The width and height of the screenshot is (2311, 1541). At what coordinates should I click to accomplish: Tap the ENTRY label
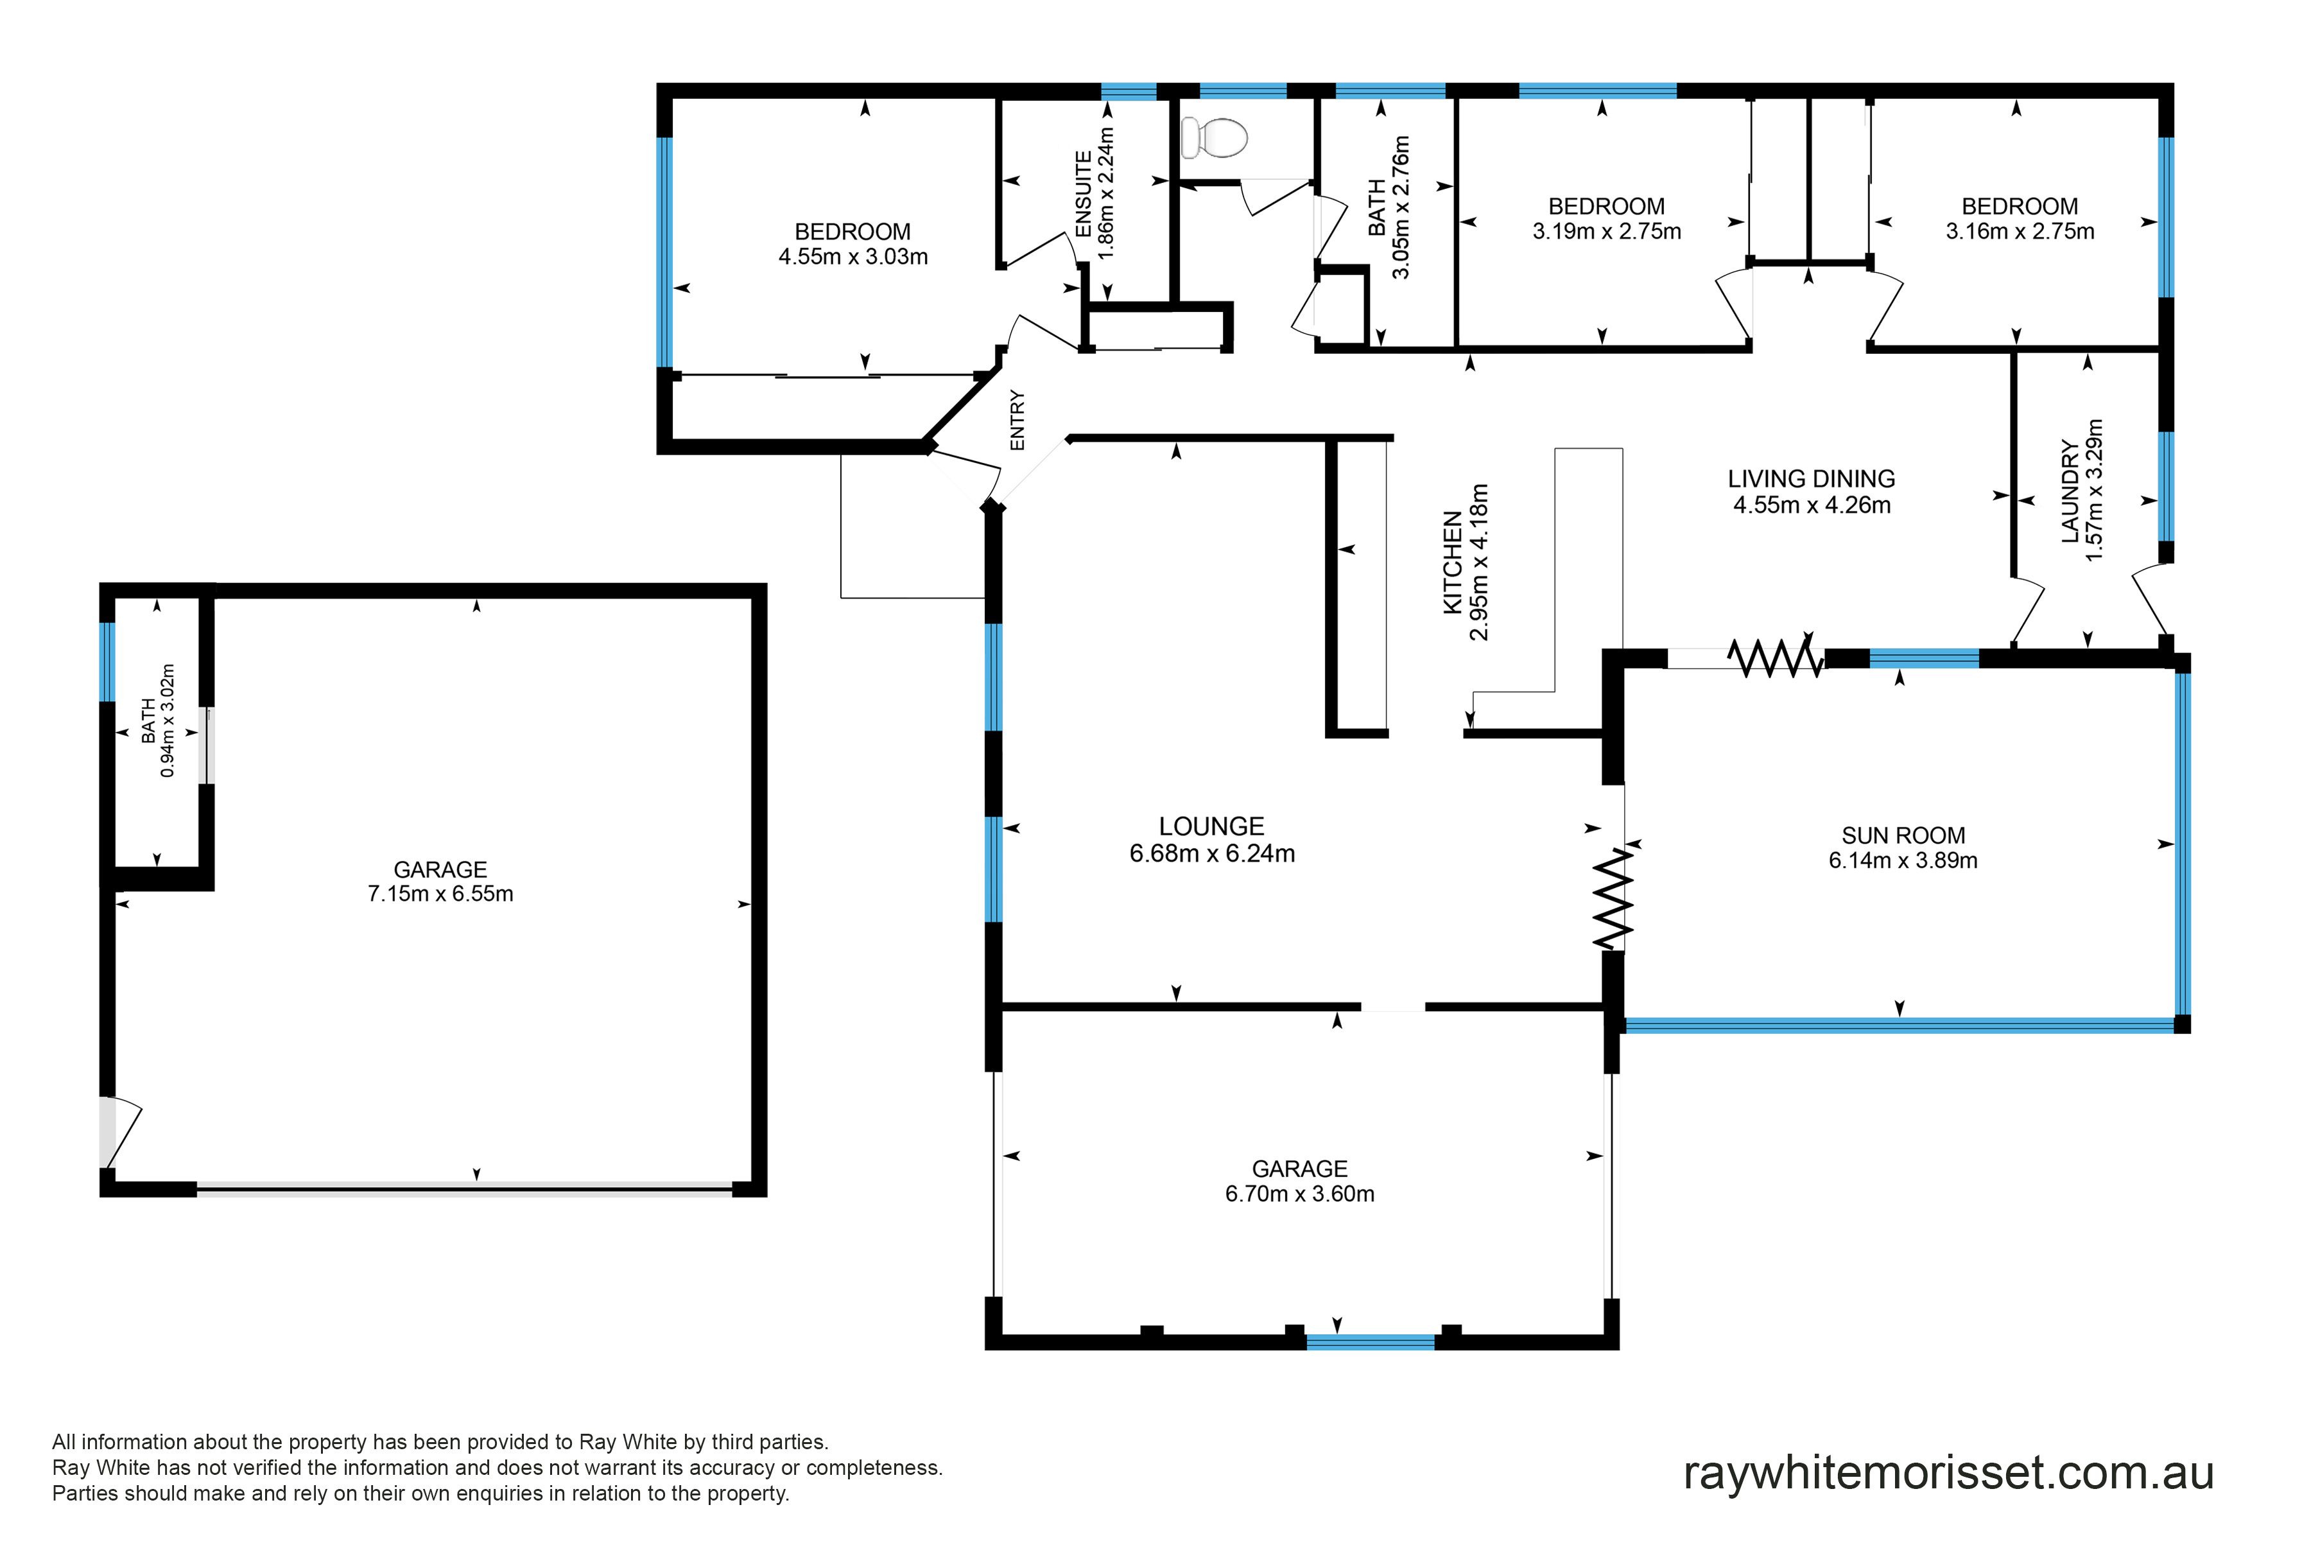tap(1017, 421)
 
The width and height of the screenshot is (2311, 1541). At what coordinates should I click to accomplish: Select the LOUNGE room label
tap(1211, 826)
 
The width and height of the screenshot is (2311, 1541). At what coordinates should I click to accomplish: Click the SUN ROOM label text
tap(1903, 835)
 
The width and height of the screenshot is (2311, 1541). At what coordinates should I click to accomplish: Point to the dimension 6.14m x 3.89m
tap(1903, 861)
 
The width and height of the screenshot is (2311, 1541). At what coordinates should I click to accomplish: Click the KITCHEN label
tap(1452, 563)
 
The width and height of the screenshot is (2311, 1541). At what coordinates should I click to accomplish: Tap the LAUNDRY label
tap(2070, 491)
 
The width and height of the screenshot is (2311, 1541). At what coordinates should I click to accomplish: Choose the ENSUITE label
tap(1084, 194)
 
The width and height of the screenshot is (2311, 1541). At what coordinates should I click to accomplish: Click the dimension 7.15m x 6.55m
tap(440, 894)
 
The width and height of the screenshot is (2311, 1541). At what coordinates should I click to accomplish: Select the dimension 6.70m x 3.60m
tap(1300, 1194)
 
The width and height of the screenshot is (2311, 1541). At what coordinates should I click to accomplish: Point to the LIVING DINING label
tap(1812, 478)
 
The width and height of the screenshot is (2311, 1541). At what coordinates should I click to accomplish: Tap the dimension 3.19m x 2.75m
tap(1607, 232)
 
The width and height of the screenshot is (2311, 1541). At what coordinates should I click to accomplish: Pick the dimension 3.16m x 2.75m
tap(2020, 232)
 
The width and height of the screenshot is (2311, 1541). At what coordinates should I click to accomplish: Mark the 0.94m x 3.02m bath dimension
tap(168, 721)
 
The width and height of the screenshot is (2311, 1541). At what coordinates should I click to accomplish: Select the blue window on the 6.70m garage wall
tap(1371, 1341)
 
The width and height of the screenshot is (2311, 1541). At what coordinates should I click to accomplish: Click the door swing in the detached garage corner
tap(120, 1131)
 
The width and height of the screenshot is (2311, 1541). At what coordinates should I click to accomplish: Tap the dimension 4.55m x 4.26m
tap(1812, 505)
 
